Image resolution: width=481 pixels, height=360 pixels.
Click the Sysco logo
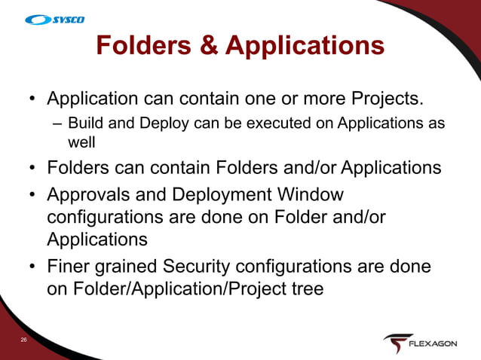[55, 19]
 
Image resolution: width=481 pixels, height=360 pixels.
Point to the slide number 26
[24, 341]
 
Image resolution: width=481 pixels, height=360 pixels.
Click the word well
[81, 141]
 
